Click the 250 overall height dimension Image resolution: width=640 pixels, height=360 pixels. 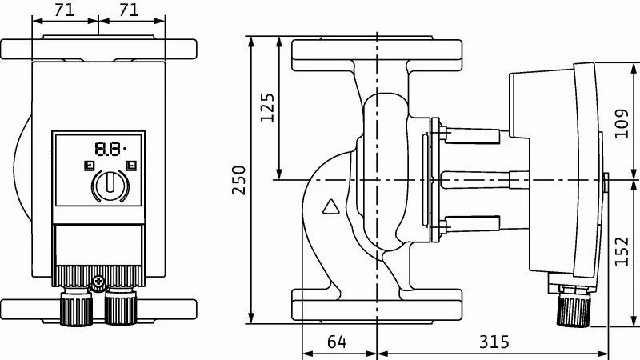click(x=238, y=179)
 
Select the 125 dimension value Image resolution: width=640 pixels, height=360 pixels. click(x=267, y=108)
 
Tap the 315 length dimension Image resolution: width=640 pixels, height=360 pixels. click(x=494, y=342)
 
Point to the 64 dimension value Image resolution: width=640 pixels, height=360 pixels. click(x=337, y=342)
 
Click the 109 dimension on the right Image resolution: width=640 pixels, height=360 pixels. click(x=622, y=123)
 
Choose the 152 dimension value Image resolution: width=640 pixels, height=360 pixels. click(x=622, y=251)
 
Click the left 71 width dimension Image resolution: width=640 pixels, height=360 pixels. click(x=65, y=10)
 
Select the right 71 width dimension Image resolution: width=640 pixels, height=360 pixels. click(x=129, y=10)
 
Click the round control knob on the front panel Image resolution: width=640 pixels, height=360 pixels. click(x=110, y=186)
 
